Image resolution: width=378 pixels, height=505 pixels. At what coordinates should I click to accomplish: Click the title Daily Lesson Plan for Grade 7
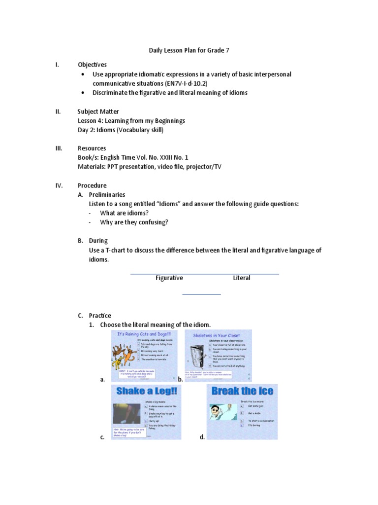189,50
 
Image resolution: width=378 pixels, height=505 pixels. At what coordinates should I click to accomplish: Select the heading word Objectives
92,65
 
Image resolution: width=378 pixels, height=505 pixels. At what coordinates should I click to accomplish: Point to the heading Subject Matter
98,111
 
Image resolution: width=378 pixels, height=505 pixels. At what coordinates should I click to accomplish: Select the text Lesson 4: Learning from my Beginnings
131,121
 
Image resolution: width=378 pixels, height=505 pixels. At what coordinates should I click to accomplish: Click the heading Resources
92,148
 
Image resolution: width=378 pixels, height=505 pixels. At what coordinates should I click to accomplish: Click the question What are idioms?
124,213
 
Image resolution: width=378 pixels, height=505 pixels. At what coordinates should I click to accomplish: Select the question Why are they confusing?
134,222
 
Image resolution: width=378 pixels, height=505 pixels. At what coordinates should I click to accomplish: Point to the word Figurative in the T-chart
169,278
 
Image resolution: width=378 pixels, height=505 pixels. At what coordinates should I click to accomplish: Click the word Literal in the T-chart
242,278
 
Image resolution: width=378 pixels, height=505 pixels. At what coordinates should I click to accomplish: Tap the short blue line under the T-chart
202,294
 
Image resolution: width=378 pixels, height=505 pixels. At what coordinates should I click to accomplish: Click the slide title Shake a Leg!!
146,392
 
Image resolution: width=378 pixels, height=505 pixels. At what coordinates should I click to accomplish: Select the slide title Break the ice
242,392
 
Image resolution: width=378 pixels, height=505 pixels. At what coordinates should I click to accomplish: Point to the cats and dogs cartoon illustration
125,355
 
